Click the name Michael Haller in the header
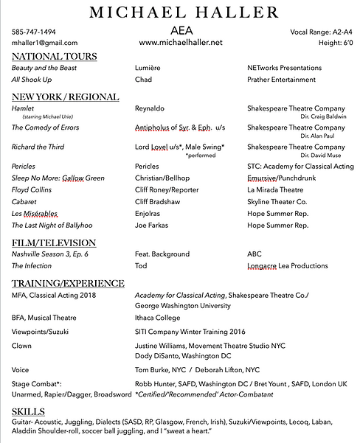point(180,12)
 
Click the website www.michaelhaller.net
point(180,43)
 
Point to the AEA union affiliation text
point(180,31)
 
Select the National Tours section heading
point(55,57)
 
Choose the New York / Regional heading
point(66,97)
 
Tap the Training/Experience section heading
point(68,283)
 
